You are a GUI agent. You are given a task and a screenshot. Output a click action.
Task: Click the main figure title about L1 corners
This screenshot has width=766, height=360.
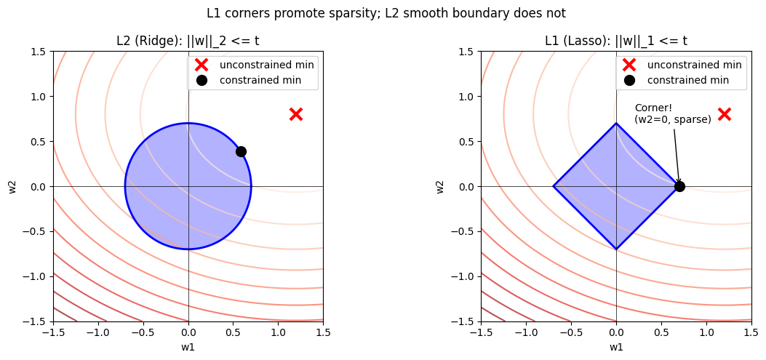pyautogui.click(x=386, y=13)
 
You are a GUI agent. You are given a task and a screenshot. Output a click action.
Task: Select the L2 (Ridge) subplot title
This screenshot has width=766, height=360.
pyautogui.click(x=188, y=41)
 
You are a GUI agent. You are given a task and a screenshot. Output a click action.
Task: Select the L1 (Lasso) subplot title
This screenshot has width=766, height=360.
pyautogui.click(x=615, y=41)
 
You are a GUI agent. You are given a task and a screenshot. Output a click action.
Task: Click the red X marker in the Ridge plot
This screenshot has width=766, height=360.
pyautogui.click(x=295, y=114)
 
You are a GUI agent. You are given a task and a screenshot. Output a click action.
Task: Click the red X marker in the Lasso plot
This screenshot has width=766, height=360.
pyautogui.click(x=724, y=114)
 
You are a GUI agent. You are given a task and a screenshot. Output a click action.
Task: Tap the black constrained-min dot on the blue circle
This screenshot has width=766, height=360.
pyautogui.click(x=241, y=151)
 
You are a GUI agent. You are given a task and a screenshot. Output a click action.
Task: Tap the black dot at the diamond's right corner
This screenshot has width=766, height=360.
pyautogui.click(x=679, y=186)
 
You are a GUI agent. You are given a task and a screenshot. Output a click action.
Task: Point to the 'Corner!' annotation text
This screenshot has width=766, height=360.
pyautogui.click(x=653, y=108)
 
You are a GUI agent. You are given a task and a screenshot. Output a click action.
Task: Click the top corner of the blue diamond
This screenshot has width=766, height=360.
pyautogui.click(x=616, y=124)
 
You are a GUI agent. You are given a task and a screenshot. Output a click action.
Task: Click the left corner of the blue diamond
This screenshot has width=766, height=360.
pyautogui.click(x=554, y=186)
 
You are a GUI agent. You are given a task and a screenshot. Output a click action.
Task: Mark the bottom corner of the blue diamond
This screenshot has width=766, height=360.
pyautogui.click(x=616, y=249)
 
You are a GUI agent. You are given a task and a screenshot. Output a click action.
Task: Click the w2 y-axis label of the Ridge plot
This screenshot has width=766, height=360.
pyautogui.click(x=12, y=186)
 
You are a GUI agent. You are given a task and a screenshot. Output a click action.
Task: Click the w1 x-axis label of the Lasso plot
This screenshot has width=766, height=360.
pyautogui.click(x=616, y=347)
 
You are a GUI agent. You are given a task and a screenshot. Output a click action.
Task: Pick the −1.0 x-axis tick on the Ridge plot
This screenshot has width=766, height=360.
pyautogui.click(x=98, y=332)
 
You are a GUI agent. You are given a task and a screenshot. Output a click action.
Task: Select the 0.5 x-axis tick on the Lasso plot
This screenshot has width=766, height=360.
pyautogui.click(x=661, y=332)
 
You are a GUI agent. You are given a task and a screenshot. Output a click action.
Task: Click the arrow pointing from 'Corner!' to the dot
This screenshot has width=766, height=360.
pyautogui.click(x=677, y=156)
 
